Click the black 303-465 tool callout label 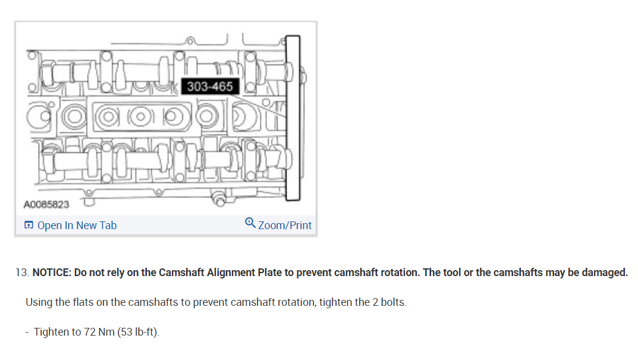point(210,86)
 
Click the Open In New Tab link point(77,225)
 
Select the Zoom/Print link point(285,225)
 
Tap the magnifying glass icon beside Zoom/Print point(250,223)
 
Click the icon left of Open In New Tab point(29,225)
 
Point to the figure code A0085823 point(46,205)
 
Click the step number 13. point(22,273)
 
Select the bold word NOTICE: point(52,273)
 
